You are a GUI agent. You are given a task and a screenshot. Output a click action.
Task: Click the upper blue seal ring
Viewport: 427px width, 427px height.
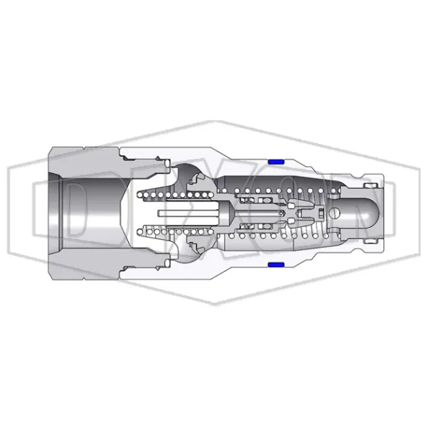(x=274, y=162)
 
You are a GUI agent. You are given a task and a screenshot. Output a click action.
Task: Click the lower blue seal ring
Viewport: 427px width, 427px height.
(x=274, y=265)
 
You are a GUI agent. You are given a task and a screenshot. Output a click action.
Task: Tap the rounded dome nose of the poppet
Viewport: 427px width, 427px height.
(x=363, y=213)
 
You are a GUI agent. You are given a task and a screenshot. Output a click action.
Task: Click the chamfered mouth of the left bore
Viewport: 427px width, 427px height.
(x=52, y=213)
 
